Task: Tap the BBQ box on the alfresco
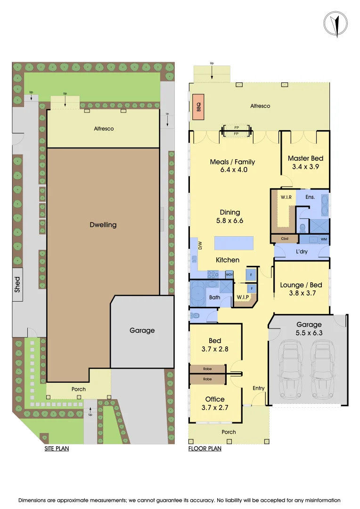point(196,106)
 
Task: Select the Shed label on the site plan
point(17,285)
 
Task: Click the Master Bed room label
point(305,158)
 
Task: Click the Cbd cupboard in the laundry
point(285,239)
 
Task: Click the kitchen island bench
point(234,243)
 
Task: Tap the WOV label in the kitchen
point(229,274)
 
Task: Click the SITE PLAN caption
point(57,449)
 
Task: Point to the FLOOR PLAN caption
point(205,449)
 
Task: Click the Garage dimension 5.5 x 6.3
point(309,333)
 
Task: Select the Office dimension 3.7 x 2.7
point(214,408)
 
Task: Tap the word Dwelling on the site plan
point(103,225)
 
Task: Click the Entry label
point(259,388)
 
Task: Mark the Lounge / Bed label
point(301,285)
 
